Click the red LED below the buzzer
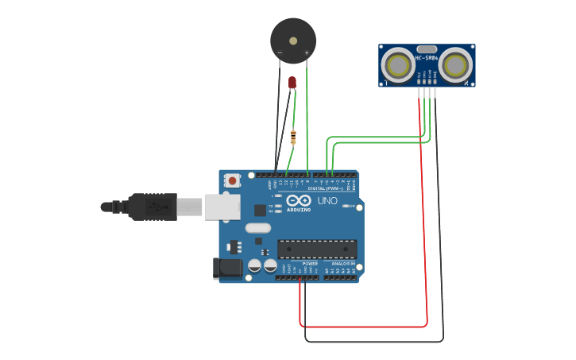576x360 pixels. click(x=292, y=82)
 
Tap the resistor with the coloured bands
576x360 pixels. click(x=293, y=137)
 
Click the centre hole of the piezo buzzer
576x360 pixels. click(x=293, y=41)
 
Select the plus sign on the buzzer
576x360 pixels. click(x=307, y=53)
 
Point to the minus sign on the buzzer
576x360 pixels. click(x=280, y=53)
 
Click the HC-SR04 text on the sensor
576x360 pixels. click(x=427, y=57)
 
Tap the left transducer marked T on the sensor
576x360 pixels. click(x=396, y=65)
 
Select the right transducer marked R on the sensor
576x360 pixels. click(x=457, y=65)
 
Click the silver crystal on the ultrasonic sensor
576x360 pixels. click(x=427, y=48)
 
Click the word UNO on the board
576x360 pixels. click(x=327, y=201)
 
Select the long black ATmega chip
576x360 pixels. click(x=317, y=249)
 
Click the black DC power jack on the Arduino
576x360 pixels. click(x=228, y=269)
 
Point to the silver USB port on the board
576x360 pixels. click(x=222, y=207)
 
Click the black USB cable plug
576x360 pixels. click(x=152, y=207)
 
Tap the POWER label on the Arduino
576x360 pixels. click(x=310, y=263)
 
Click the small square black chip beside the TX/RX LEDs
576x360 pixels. click(x=260, y=210)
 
